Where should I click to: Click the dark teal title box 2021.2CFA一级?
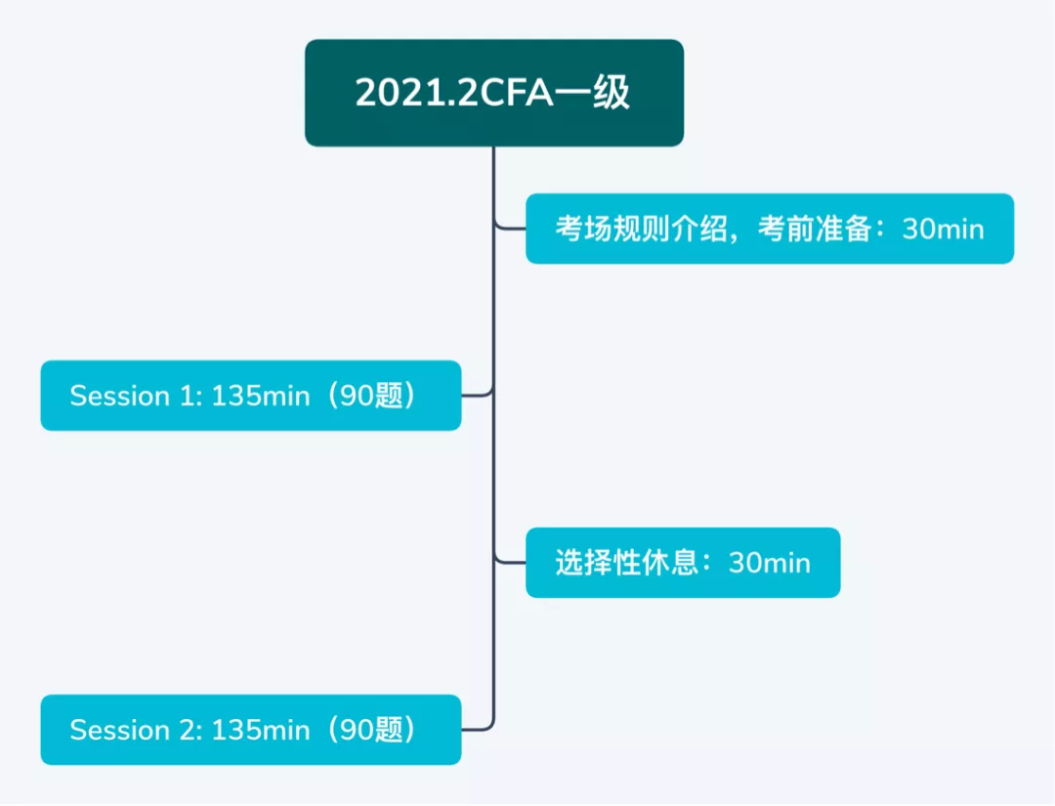coord(494,93)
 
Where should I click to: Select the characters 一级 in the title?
coord(592,93)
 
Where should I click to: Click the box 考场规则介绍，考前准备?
coord(770,229)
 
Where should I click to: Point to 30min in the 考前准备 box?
coord(944,230)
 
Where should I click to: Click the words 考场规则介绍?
coord(641,229)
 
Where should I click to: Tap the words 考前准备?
coord(815,229)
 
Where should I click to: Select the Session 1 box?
coord(251,396)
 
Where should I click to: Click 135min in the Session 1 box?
coord(261,397)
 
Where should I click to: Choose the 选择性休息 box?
coord(683,563)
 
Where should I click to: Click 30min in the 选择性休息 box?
coord(770,563)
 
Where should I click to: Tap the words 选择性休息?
coord(626,563)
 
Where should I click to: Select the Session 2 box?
coord(251,730)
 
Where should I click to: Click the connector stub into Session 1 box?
coord(478,395)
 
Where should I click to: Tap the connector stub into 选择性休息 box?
coord(510,561)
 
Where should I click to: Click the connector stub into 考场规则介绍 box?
coord(510,228)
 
